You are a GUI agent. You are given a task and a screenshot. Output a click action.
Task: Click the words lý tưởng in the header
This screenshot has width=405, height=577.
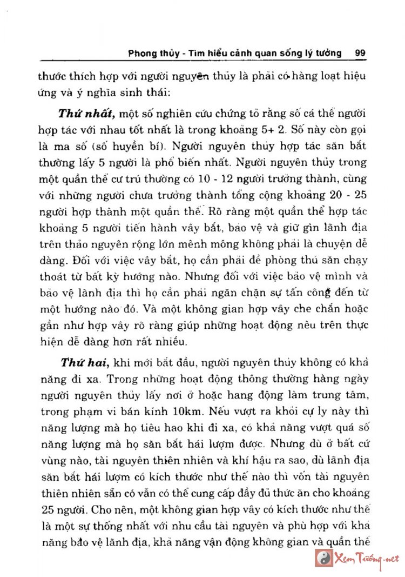coord(323,54)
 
